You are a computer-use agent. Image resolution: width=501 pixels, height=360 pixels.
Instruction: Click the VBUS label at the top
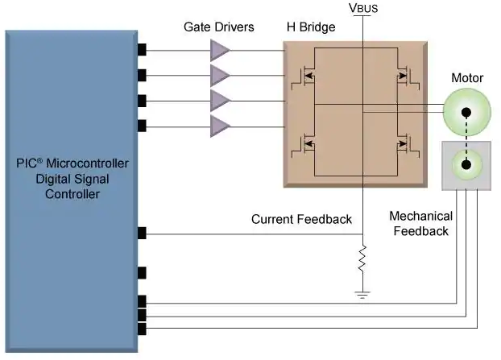[363, 8]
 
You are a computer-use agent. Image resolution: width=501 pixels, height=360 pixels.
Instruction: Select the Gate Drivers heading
[219, 27]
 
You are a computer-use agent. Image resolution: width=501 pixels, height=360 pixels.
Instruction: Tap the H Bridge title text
[311, 27]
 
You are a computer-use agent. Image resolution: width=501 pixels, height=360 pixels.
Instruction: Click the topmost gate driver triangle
[220, 51]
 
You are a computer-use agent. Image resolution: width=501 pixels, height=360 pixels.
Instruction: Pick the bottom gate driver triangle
[220, 126]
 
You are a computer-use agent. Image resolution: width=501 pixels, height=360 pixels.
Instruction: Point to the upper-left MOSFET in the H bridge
[304, 77]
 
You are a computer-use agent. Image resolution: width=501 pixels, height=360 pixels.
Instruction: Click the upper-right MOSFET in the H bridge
[408, 77]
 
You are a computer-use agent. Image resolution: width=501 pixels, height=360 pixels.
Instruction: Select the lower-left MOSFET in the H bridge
[304, 144]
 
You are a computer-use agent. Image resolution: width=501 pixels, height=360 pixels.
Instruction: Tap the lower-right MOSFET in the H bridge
[408, 144]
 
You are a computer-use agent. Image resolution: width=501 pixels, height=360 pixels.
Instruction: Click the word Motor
[467, 78]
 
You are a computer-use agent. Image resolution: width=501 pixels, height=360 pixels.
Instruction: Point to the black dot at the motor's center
[466, 113]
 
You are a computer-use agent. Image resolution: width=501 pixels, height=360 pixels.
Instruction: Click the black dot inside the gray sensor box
[466, 165]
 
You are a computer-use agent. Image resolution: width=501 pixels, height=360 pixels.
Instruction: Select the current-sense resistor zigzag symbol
[362, 259]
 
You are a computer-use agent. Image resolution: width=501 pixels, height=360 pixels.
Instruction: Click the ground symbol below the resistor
[362, 295]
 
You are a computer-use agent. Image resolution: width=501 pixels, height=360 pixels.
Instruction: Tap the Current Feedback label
[301, 219]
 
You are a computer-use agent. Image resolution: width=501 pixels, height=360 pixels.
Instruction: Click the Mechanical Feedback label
[420, 223]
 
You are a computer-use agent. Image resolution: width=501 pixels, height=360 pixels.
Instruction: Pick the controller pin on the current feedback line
[142, 234]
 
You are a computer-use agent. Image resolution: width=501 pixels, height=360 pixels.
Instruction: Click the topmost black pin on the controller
[142, 50]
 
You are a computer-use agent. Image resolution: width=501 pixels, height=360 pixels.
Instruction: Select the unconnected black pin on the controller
[142, 273]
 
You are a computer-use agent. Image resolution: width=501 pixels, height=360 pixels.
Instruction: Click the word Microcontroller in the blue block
[88, 163]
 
